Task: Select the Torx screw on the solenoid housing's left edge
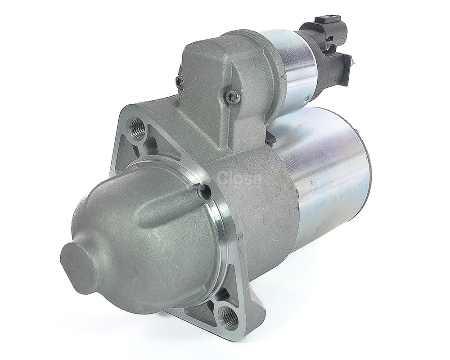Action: [178, 81]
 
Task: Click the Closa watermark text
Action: [240, 178]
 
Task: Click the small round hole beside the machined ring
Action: [205, 191]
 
